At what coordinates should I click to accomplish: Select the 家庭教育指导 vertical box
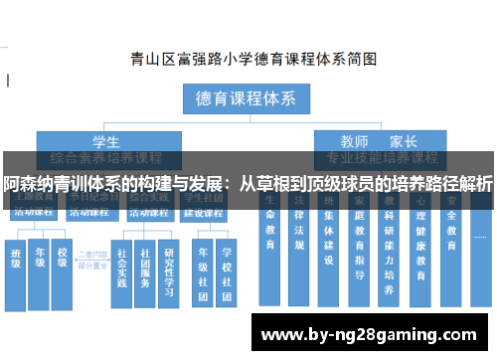[360, 249]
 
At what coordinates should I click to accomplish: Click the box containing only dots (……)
[481, 239]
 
